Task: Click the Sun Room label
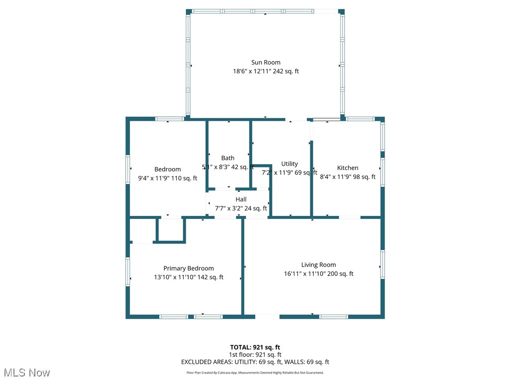(x=265, y=62)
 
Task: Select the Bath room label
(x=228, y=158)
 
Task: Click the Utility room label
(x=289, y=164)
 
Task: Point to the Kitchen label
(x=348, y=168)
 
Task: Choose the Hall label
(x=241, y=199)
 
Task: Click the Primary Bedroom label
(x=188, y=268)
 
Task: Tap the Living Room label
(x=318, y=265)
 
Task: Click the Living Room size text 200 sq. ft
(x=340, y=274)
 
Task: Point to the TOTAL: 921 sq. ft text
(x=255, y=347)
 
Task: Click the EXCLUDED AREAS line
(x=255, y=362)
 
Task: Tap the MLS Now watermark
(x=27, y=373)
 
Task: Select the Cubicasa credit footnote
(x=255, y=373)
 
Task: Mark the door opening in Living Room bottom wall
(x=267, y=316)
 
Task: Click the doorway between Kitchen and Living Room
(x=350, y=217)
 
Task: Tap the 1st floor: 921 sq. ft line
(x=255, y=355)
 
